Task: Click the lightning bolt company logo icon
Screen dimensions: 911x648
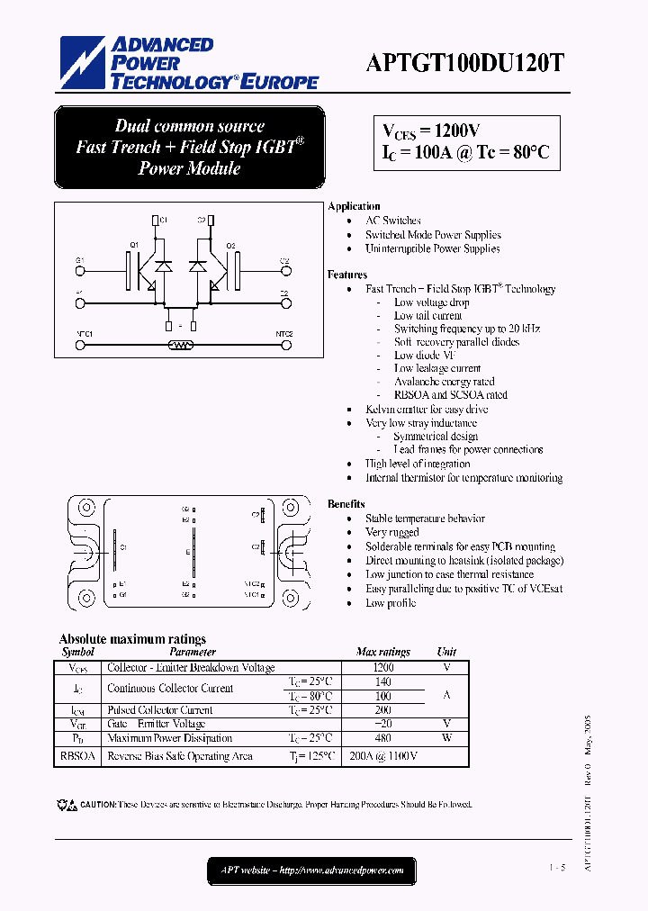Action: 84,62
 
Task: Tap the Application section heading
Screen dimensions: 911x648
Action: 354,206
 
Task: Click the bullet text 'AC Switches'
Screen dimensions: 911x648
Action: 392,221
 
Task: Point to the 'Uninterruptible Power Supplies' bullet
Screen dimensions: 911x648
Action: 432,248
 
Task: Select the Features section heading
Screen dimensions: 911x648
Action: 347,275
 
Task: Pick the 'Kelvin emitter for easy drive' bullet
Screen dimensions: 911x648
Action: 426,409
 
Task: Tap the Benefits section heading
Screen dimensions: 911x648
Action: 346,504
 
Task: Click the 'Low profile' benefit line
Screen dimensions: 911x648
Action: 390,603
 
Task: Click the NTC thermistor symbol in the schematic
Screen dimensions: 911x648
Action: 181,344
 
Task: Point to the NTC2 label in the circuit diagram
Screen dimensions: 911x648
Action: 284,334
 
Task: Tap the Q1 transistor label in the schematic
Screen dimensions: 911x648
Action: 134,245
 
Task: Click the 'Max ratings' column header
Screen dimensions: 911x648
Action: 382,652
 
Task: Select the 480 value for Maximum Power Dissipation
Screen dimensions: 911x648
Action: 383,738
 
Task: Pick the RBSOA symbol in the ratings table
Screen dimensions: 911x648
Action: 77,756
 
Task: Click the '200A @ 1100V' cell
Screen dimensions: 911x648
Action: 383,756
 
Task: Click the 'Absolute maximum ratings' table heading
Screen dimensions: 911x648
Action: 132,639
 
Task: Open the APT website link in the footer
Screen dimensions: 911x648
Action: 310,870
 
